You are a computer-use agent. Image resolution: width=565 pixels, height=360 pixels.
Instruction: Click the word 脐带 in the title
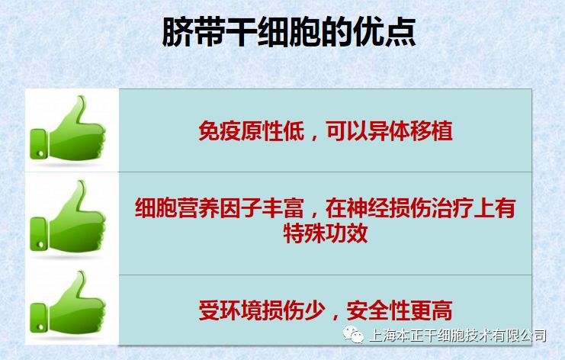194,33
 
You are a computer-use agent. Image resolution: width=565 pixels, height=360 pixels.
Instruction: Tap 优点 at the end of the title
385,33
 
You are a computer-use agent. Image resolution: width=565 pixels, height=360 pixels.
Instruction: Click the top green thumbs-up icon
68,128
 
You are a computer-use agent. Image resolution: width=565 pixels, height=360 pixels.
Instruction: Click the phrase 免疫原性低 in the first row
252,130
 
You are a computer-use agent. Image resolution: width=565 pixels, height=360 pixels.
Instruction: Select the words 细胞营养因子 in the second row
197,208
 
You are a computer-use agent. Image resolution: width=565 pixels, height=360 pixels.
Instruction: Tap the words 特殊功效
326,233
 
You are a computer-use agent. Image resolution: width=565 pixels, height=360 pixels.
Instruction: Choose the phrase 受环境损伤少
262,310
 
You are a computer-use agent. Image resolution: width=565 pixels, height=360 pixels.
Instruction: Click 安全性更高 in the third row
400,310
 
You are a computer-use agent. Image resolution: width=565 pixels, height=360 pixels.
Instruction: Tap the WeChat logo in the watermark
353,335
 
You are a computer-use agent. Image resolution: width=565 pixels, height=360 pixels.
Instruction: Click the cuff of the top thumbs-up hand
39,144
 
